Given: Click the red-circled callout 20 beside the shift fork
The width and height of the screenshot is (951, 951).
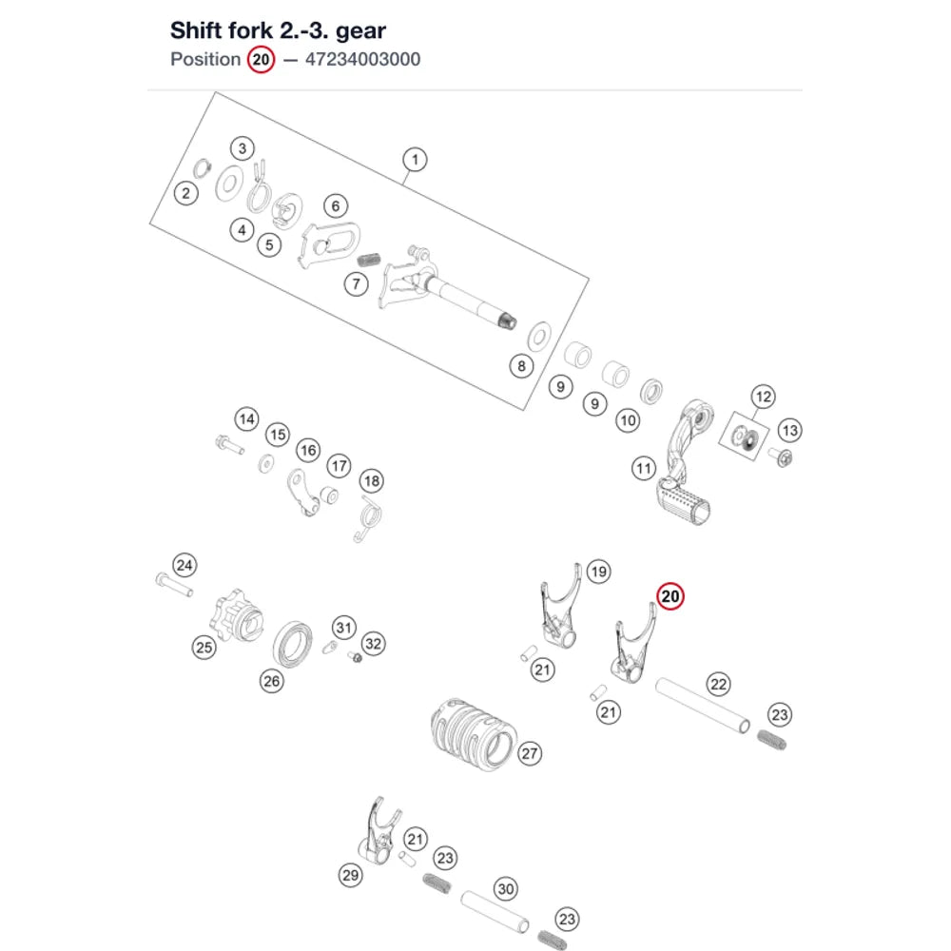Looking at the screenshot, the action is coord(670,596).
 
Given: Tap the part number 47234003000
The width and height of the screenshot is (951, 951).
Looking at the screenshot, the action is coord(362,59).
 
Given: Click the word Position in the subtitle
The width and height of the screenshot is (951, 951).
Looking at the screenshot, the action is coord(205,59).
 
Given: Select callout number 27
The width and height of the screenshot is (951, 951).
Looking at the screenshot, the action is coord(530,753).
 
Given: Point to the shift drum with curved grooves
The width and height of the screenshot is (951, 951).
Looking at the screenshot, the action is coord(474,733).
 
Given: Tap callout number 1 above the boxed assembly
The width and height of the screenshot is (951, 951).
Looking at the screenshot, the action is coord(415,160).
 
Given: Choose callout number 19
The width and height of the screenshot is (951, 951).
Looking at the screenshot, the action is coord(598,572).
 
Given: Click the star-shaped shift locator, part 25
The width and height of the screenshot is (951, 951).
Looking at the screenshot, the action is coord(236,617).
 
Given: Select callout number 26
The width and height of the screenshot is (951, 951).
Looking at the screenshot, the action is coord(272,681).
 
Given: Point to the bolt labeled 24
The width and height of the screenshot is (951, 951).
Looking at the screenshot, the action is coord(174,585).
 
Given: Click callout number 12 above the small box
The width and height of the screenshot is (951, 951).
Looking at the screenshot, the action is coord(763,397).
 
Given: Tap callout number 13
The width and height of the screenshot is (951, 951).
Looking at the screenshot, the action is coord(789,431).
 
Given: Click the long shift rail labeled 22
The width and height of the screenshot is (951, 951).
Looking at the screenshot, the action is coord(703,706).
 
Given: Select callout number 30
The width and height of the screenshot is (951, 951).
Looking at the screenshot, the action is coord(506,889).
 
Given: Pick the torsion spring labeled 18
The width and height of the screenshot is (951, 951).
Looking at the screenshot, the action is coord(368,519).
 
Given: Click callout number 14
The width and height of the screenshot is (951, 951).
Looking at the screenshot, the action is coord(247,419).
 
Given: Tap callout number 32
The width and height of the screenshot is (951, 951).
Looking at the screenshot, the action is coord(373,644).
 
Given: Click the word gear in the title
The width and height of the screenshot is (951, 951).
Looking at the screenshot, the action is coord(360,31).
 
